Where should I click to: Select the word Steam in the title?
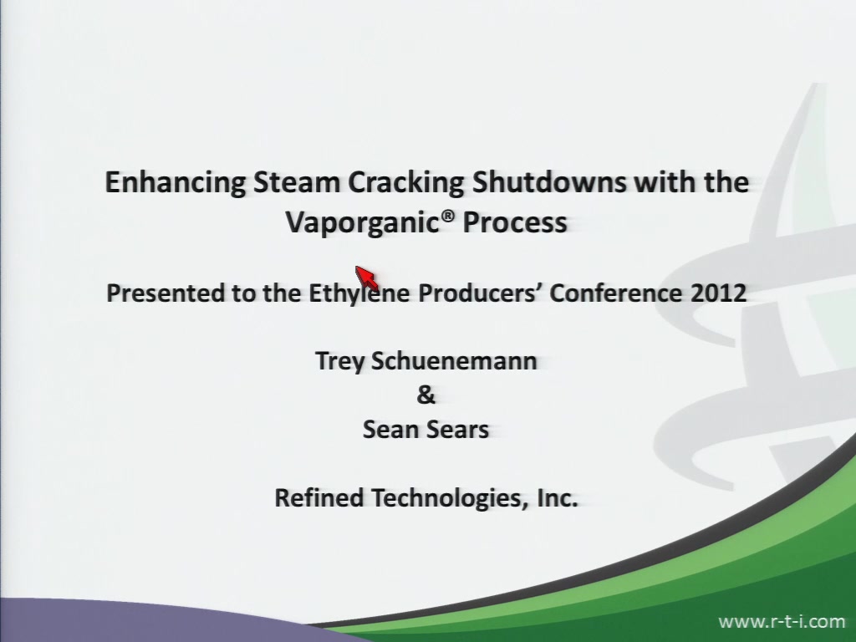coord(297,181)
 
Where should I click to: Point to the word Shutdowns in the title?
coord(548,181)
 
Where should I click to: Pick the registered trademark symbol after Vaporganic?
coord(448,217)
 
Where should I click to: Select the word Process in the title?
coord(515,222)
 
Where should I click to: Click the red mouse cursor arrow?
coord(366,278)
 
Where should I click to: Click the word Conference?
coord(615,293)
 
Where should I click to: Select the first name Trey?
coord(339,362)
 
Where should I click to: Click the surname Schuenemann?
coord(454,361)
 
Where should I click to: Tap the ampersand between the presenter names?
coord(425,395)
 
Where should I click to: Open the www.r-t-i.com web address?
coord(782,621)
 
